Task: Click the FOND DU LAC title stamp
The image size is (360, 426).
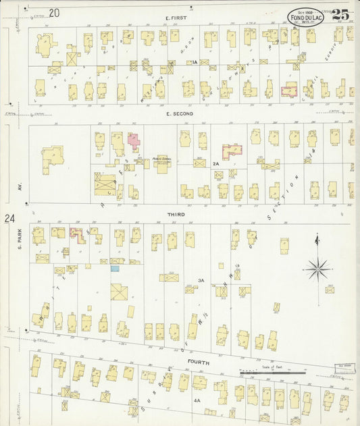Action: click(307, 16)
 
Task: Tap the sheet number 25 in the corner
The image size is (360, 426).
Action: click(341, 14)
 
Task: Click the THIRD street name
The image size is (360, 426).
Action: click(176, 214)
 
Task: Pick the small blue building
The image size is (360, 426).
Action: click(115, 269)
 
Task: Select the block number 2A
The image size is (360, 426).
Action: click(216, 163)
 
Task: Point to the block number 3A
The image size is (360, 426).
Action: click(201, 279)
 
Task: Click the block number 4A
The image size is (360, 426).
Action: click(197, 400)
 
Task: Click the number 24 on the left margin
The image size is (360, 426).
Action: click(9, 218)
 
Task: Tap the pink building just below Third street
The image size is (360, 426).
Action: click(77, 234)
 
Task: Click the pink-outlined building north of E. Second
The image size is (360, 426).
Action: click(290, 89)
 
